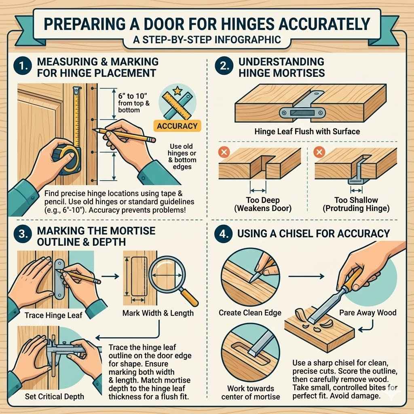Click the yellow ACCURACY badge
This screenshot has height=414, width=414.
point(177,126)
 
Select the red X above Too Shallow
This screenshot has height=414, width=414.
point(319,153)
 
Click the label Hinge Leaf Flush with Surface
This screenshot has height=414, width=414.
point(307,131)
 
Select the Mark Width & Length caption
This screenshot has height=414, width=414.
point(158,313)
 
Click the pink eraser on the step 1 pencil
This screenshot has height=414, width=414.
point(152,139)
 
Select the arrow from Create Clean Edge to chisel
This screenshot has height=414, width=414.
point(307,277)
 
